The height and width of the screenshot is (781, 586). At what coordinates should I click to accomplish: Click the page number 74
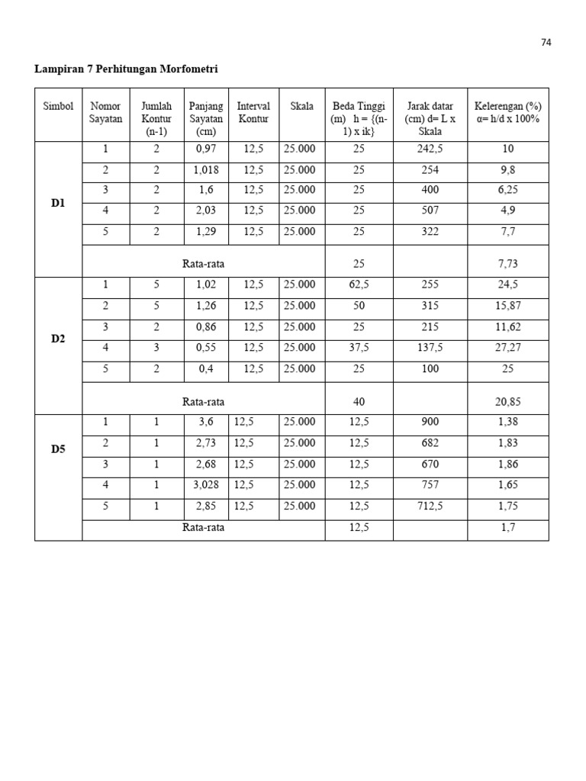[546, 43]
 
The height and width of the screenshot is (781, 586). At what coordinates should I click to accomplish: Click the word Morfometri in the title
[188, 69]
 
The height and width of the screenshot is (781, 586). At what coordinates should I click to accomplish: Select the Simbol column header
[58, 107]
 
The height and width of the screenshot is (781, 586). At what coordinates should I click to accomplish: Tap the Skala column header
[301, 107]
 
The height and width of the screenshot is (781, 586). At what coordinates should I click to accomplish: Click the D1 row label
[59, 204]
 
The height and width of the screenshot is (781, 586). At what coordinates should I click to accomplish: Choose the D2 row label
[59, 339]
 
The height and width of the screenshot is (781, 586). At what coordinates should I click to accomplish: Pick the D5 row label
[59, 449]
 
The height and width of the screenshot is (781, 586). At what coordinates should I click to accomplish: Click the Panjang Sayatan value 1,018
[206, 170]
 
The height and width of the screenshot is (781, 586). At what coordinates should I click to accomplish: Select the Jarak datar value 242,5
[430, 149]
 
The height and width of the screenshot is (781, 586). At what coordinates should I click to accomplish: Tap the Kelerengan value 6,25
[508, 191]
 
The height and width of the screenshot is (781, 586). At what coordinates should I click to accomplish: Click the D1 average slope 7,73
[508, 264]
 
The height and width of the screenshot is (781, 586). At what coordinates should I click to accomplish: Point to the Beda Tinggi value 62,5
[359, 285]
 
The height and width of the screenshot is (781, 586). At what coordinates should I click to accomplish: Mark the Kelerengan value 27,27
[508, 348]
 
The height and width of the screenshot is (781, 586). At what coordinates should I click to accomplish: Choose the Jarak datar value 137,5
[430, 348]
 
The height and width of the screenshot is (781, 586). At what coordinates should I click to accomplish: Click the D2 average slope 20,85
[508, 401]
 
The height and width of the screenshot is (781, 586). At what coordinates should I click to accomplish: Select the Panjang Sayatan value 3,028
[206, 484]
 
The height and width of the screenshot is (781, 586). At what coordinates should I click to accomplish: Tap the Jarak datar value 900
[430, 422]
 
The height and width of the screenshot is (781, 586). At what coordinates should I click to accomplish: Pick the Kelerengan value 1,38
[508, 422]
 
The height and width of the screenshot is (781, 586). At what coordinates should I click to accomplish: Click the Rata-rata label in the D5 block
[203, 527]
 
